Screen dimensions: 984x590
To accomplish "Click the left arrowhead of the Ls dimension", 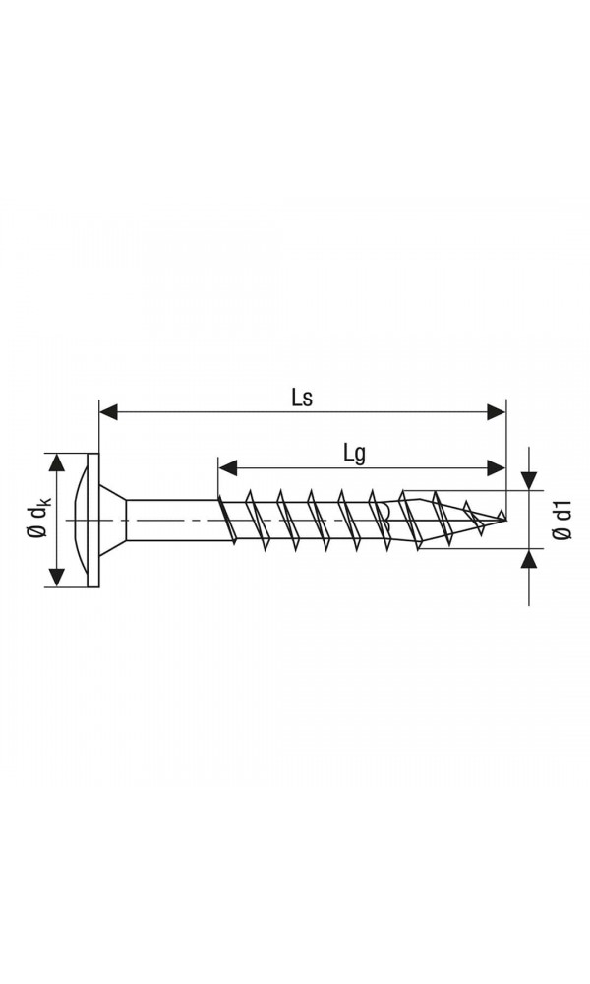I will click(x=108, y=413).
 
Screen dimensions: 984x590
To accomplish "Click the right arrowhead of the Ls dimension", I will click(x=497, y=413).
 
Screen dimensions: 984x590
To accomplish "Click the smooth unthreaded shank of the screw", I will click(x=172, y=520).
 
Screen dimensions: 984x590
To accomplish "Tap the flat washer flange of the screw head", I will click(x=93, y=520).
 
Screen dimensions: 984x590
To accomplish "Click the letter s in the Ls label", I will click(x=308, y=399).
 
